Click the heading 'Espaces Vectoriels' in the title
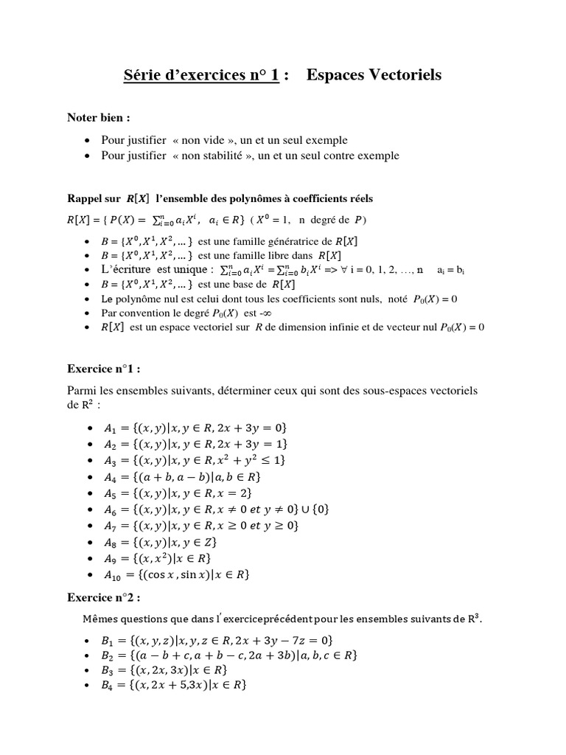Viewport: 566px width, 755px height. pyautogui.click(x=374, y=75)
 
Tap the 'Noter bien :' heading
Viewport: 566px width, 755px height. pyautogui.click(x=99, y=117)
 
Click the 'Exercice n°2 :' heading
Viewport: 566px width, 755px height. pyautogui.click(x=104, y=596)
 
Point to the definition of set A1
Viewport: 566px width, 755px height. pyautogui.click(x=195, y=428)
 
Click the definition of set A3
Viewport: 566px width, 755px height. pyautogui.click(x=195, y=459)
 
